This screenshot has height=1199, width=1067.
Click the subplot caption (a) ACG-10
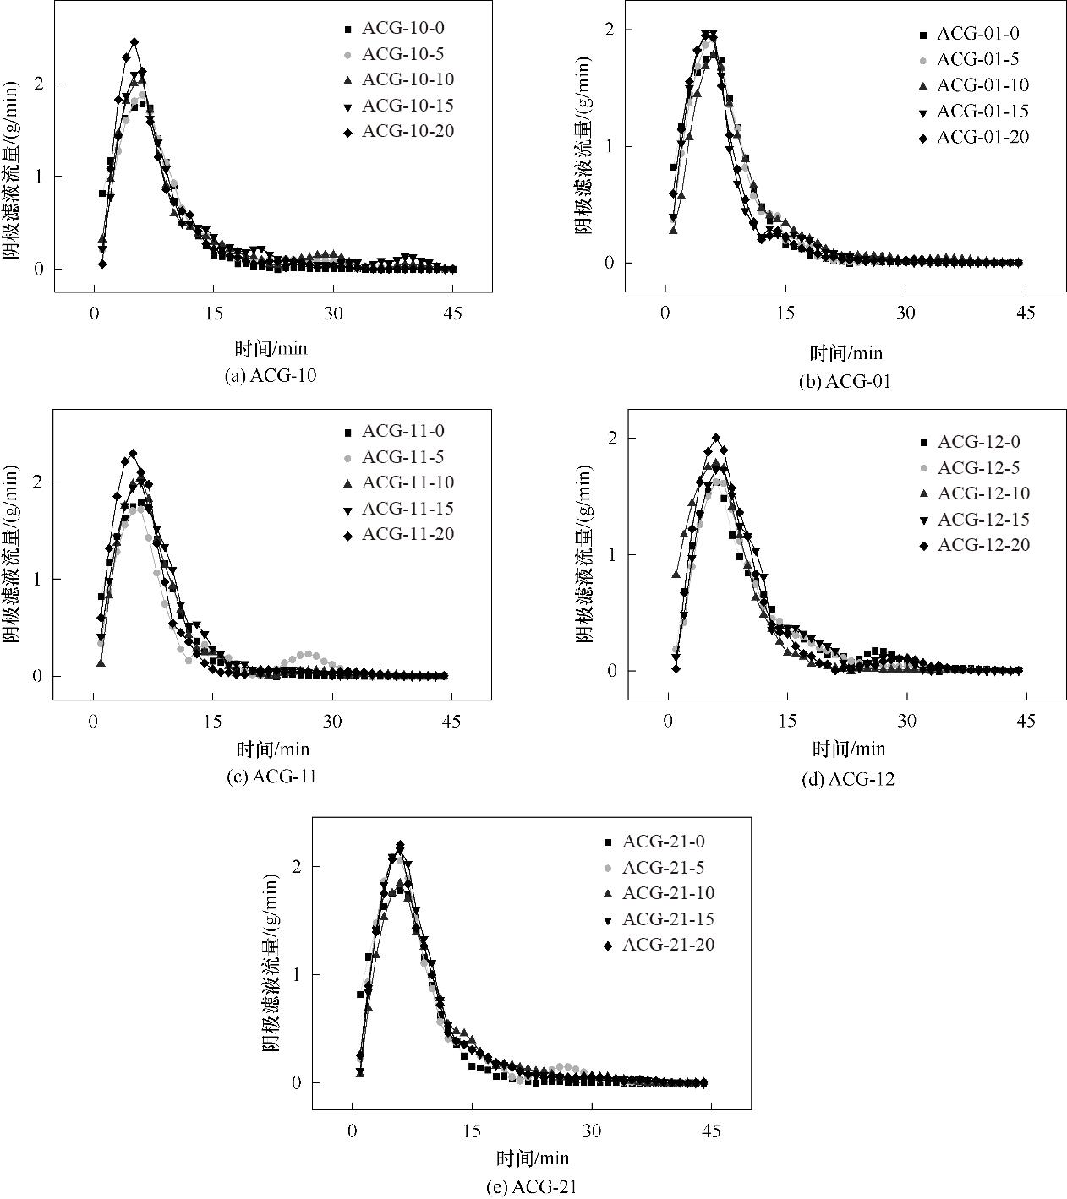pos(271,376)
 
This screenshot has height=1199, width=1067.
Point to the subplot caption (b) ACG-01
pos(845,381)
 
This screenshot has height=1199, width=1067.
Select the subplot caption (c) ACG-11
pos(271,777)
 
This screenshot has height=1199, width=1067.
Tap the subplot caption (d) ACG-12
pos(847,780)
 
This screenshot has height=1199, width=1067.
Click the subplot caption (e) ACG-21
pos(532,1186)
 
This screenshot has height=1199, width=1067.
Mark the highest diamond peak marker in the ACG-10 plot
pos(134,41)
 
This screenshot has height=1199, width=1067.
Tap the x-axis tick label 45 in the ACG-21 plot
pos(711,1131)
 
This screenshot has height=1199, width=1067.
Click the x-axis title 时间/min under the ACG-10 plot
pos(271,347)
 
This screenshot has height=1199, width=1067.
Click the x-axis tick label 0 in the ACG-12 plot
pos(668,721)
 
